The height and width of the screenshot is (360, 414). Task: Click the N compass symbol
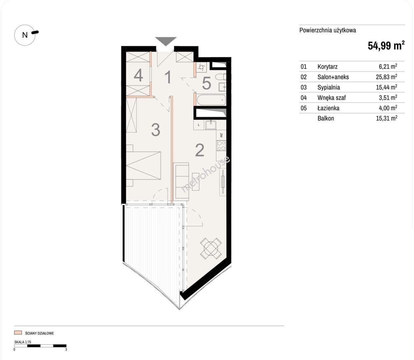[x=25, y=35]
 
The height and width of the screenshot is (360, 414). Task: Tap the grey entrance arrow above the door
[x=166, y=41]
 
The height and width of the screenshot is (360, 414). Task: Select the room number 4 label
[x=138, y=75]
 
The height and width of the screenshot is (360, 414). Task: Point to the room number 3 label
[x=156, y=130]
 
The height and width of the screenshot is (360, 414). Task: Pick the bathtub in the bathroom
[x=211, y=100]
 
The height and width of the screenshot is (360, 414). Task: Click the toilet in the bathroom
[x=221, y=77]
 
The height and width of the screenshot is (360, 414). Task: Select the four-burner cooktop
[x=221, y=146]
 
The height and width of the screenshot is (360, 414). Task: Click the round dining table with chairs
[x=211, y=248]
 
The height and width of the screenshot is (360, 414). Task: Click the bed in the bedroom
[x=143, y=166]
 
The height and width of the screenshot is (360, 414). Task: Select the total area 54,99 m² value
[x=386, y=45]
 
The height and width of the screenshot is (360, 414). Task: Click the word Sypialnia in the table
[x=329, y=87]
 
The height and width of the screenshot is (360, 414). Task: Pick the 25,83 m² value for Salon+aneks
[x=386, y=77]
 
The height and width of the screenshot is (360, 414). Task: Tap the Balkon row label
[x=326, y=118]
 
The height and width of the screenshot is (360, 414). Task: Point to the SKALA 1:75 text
[x=23, y=342]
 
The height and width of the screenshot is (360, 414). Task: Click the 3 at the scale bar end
[x=66, y=349]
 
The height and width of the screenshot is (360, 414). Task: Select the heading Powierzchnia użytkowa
[x=328, y=30]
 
